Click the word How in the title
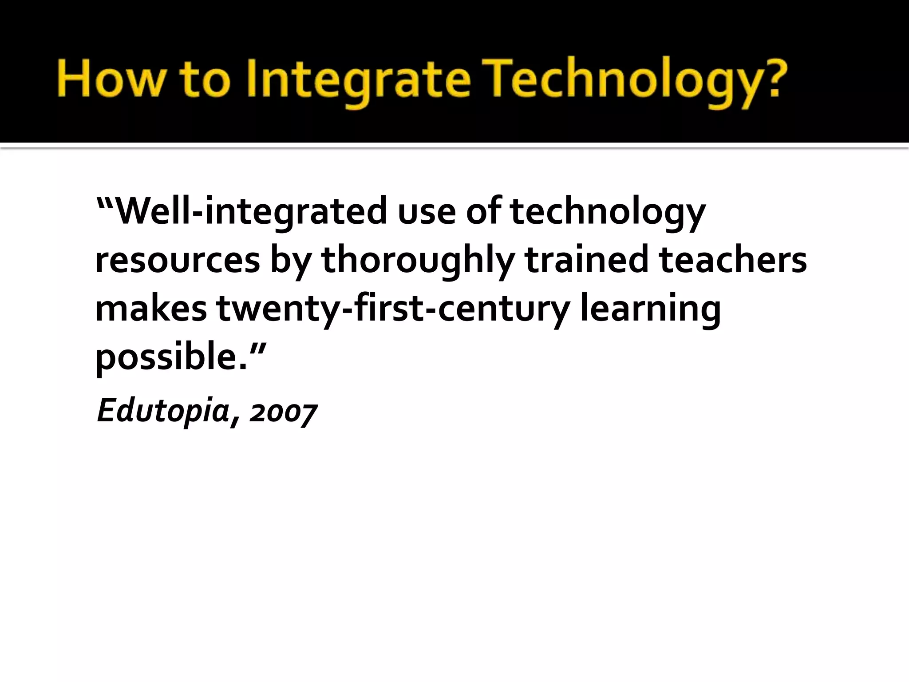click(109, 79)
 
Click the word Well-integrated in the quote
click(251, 211)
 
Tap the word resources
click(178, 261)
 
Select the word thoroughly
click(418, 261)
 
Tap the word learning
click(650, 309)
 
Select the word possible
click(171, 357)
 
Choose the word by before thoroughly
click(291, 261)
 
